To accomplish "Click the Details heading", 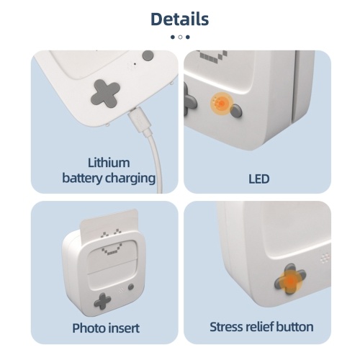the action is tap(180, 19).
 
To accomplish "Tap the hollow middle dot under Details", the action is tap(180, 37).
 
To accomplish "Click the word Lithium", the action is tap(109, 163).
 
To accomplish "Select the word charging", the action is tap(130, 179).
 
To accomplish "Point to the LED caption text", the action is tap(259, 179).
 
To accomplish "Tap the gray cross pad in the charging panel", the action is tap(105, 93).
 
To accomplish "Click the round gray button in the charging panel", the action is tap(148, 55).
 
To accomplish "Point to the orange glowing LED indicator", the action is tap(222, 104).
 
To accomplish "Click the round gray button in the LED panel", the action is tap(236, 111).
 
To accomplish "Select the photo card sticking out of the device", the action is tap(109, 222).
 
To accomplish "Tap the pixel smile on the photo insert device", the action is tap(109, 251).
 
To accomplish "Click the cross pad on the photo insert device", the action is tap(102, 301).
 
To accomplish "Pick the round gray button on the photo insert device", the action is tap(131, 287).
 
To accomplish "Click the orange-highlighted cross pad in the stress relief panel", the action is tap(290, 279).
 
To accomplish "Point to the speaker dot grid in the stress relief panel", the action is tap(325, 258).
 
